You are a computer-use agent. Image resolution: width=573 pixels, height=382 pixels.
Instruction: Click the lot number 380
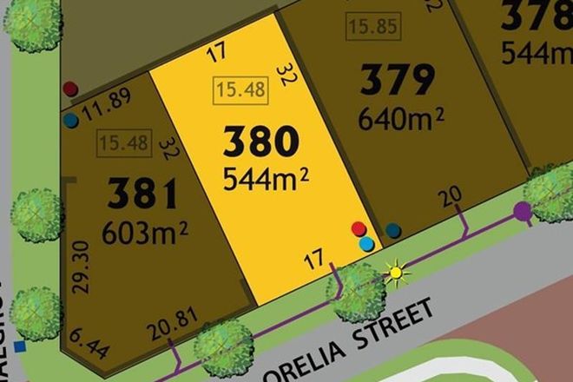tap(261, 142)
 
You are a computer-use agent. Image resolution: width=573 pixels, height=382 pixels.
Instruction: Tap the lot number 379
tap(397, 82)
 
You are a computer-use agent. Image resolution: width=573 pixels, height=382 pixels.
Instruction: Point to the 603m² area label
tap(145, 232)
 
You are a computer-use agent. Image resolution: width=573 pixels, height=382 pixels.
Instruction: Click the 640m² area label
tap(400, 116)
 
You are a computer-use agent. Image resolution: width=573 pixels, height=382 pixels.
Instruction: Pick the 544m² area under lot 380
tap(267, 180)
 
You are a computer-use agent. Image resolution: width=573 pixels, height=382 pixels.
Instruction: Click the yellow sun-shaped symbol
tap(397, 274)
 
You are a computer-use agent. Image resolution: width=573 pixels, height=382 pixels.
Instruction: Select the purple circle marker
tap(522, 210)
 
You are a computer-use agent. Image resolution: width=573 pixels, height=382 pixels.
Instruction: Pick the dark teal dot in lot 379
tap(393, 230)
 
